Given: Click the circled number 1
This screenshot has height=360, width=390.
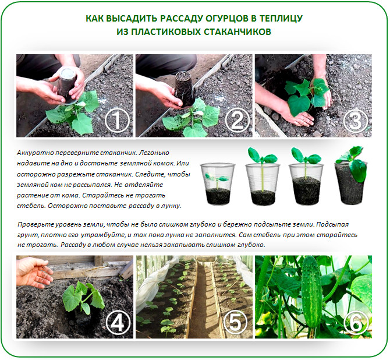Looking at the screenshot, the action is click(117, 121).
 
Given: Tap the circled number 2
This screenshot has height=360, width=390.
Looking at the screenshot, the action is click(237, 121).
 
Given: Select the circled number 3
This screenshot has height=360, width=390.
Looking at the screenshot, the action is click(356, 121).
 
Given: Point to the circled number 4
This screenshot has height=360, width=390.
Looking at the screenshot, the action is click(118, 322).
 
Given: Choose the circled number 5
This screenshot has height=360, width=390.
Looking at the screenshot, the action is click(235, 322).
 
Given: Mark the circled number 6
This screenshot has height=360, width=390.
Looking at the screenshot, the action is click(356, 322).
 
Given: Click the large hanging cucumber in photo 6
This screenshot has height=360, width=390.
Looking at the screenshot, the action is click(311, 293).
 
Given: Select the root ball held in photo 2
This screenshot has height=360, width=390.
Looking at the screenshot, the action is click(185, 89).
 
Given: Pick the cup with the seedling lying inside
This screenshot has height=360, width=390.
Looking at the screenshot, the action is click(218, 183).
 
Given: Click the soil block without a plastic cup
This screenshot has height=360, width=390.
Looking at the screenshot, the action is click(349, 183).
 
